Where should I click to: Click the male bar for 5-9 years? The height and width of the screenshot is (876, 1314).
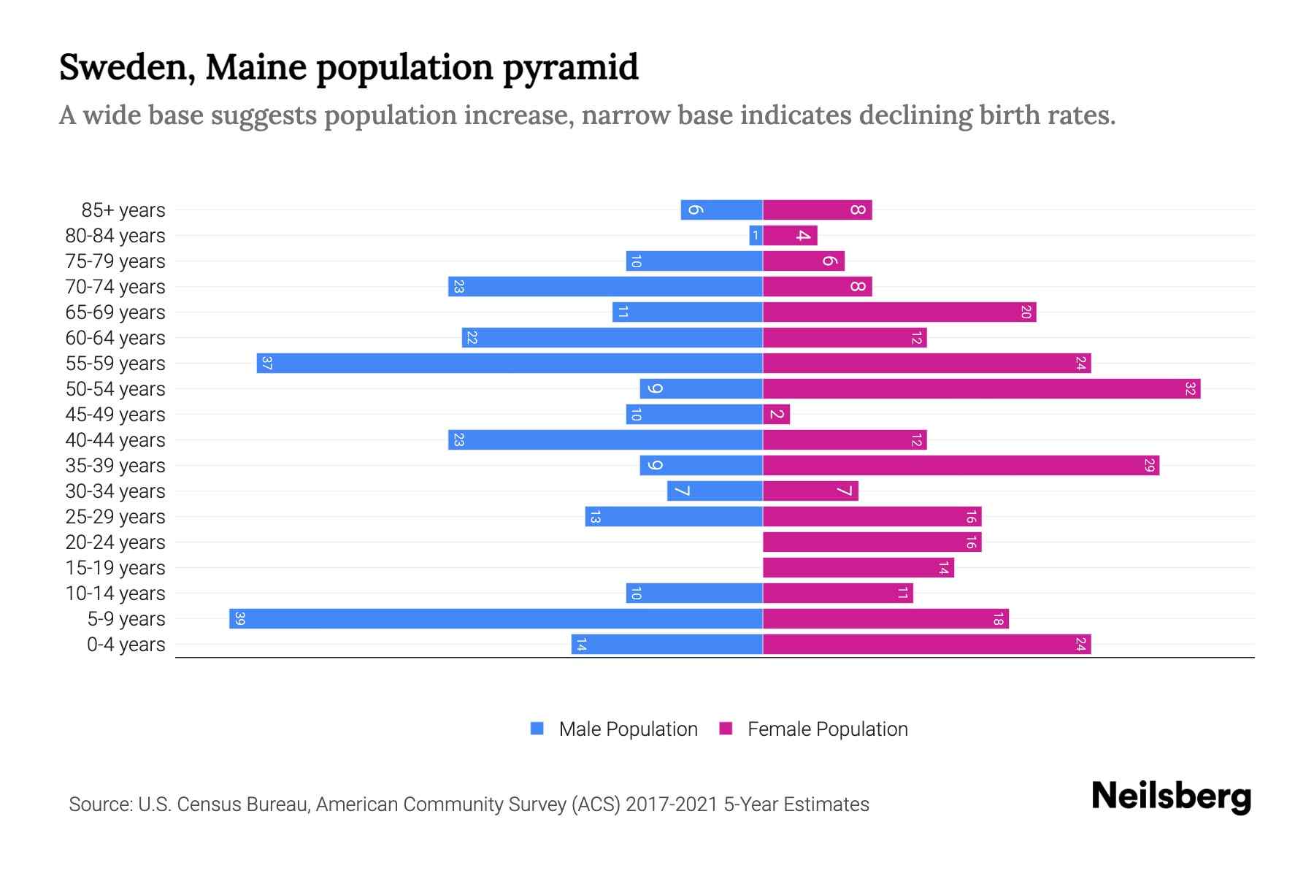[x=496, y=619]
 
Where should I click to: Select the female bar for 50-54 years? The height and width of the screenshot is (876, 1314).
[x=981, y=389]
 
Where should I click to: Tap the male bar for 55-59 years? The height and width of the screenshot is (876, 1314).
[x=510, y=364]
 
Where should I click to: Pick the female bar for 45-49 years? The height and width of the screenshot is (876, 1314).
[x=776, y=415]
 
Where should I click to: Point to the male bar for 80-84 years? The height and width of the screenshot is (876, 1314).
[x=756, y=236]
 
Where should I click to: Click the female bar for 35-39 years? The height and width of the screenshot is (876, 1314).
[x=961, y=466]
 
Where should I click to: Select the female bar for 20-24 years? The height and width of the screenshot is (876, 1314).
[x=872, y=542]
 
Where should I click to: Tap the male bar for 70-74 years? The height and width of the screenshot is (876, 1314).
[x=605, y=287]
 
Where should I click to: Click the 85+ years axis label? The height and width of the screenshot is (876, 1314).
[x=123, y=210]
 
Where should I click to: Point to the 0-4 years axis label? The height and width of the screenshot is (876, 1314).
[x=126, y=645]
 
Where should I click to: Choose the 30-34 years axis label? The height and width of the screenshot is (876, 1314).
[x=115, y=491]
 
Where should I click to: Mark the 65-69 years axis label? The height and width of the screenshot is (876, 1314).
[x=115, y=312]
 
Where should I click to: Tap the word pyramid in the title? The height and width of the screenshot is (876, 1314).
[x=570, y=68]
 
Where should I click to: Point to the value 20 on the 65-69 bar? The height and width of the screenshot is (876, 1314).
[x=1026, y=312]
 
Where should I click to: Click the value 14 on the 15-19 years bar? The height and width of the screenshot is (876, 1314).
[x=943, y=568]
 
